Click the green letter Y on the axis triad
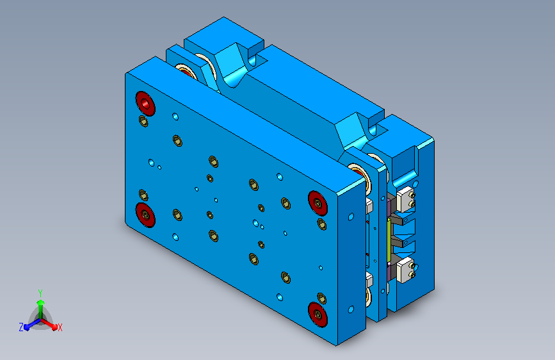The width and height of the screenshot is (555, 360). [40, 293]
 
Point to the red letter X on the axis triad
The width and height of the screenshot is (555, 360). [60, 328]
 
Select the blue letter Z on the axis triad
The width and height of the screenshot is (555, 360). [21, 327]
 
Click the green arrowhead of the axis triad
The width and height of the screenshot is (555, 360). [41, 302]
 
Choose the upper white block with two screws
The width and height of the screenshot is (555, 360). [405, 199]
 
